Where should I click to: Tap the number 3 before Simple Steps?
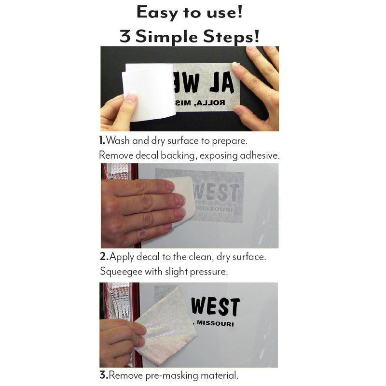(x=125, y=36)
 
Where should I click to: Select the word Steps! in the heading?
(x=234, y=36)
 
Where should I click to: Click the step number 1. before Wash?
(x=102, y=141)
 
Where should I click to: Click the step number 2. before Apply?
(x=104, y=257)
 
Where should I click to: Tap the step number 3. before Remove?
(x=103, y=375)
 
